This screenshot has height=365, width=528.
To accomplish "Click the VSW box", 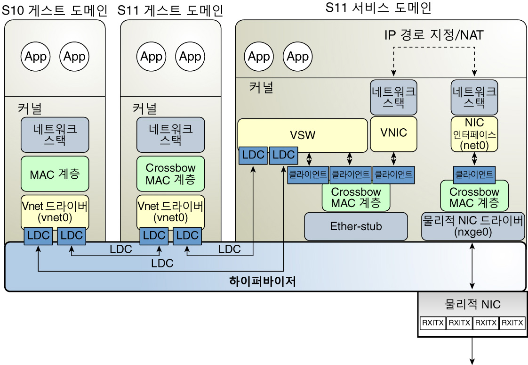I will coord(303,135).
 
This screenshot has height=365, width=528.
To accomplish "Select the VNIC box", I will coord(393,133).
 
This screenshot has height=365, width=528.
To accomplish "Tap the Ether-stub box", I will coord(356,226).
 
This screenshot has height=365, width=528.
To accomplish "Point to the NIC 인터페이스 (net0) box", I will coord(474,134).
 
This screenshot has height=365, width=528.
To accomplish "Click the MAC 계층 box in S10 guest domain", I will coord(55,174).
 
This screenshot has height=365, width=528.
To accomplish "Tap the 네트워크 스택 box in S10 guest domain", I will coord(55,133).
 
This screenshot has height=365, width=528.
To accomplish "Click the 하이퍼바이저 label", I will coord(262,282).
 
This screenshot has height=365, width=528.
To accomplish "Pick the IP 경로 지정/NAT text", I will coord(433,35).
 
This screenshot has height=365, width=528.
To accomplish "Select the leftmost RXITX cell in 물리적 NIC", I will coord(432,323).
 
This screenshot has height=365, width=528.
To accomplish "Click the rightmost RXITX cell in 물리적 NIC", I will coord(512,323).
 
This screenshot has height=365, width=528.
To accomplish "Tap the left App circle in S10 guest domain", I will coord(35,57).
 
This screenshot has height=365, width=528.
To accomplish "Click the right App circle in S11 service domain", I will coord(297,57).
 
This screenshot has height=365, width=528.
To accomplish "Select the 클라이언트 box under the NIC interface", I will coord(474,174).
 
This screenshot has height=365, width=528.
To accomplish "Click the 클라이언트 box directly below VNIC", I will coord(393,174).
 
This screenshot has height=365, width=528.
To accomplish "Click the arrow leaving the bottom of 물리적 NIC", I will coord(472,351).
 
